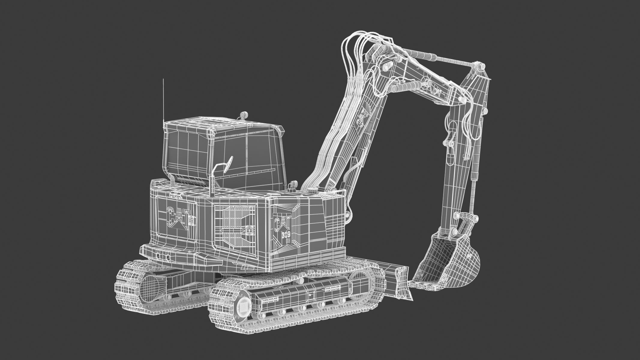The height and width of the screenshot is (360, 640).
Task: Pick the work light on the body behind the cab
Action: (x=293, y=184)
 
